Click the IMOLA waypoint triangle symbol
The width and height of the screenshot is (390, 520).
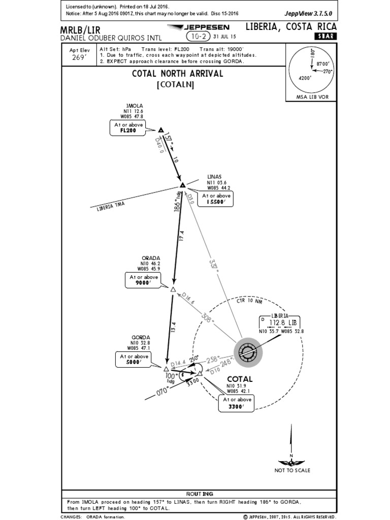(161, 130)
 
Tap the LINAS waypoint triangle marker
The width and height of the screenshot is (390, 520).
(182, 185)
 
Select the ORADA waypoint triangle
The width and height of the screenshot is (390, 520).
(173, 289)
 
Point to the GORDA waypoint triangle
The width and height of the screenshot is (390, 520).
(166, 368)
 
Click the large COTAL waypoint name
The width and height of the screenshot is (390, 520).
(240, 379)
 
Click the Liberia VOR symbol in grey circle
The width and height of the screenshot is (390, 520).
(248, 351)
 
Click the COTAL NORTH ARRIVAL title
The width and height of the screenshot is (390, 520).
(177, 73)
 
